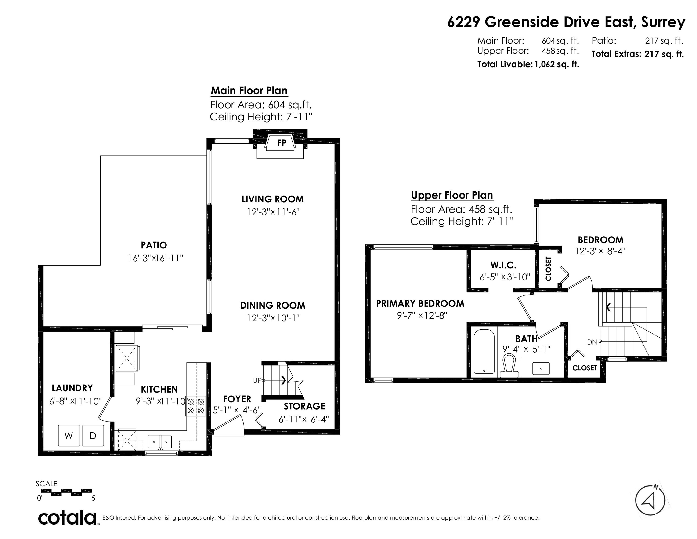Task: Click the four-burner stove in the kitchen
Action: coord(196,406)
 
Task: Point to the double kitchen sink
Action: coord(159,442)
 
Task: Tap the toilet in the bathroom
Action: coord(509,367)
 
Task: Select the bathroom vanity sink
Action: coord(541,368)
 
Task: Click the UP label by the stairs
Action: coord(257,380)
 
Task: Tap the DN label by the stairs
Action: coord(592,342)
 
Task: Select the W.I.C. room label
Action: coord(503,265)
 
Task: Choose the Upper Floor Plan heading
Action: coord(452,195)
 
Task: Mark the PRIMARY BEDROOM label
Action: coord(420,303)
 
